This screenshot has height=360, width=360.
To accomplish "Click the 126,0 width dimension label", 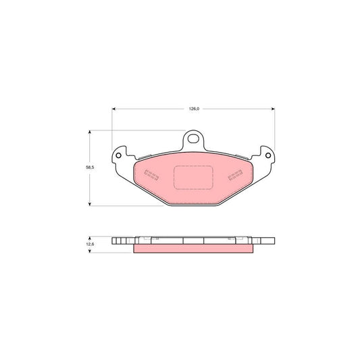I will (192, 106).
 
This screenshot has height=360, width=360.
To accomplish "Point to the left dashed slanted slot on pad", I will (151, 176).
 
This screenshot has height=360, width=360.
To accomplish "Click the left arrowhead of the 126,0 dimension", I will (113, 108).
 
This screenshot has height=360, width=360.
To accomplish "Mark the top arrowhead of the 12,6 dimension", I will (91, 238).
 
